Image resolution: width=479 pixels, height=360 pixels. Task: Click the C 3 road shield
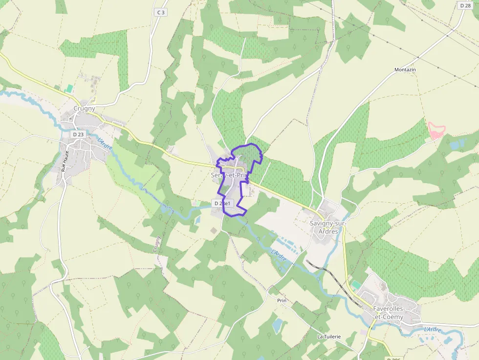click(x=160, y=12)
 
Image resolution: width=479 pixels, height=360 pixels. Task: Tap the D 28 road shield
click(x=464, y=5)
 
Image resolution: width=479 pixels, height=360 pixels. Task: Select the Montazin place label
click(x=405, y=70)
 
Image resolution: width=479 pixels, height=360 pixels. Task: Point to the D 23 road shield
click(x=78, y=134)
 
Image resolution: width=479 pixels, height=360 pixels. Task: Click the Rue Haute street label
click(x=64, y=161)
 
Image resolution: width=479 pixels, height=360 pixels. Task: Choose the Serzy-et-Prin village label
click(x=230, y=175)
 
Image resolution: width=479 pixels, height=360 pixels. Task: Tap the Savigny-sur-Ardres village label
click(x=328, y=227)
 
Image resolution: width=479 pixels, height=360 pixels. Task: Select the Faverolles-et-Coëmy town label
click(x=395, y=313)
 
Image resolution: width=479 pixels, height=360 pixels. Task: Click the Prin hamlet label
click(x=281, y=301)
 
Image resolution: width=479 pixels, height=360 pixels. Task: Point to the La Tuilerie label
click(x=328, y=337)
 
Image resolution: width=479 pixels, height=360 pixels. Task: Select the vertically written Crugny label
click(x=157, y=244)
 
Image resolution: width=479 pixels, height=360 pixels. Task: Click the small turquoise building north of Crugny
click(x=69, y=88)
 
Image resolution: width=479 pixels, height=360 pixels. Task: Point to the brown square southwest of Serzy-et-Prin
click(x=214, y=230)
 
